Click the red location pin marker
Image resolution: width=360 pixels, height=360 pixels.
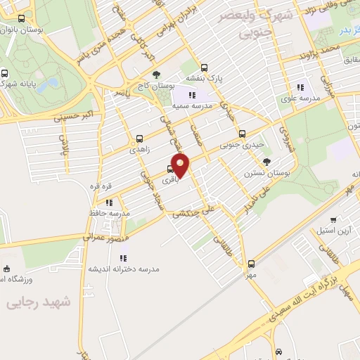pos(181,165)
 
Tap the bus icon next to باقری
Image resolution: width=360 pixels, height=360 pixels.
pos(169,169)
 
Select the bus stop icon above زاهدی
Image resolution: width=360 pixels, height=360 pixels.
pos(139,139)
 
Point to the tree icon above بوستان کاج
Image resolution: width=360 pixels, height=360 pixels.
pos(156,74)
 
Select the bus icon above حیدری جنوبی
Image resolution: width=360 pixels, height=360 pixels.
pos(242,134)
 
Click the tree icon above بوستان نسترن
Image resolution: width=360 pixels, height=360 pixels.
pos(266,162)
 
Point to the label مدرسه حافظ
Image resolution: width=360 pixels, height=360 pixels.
pos(110,212)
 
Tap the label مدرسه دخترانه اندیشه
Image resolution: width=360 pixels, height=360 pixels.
pos(124,269)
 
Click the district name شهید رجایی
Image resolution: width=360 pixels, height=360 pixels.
pos(39,302)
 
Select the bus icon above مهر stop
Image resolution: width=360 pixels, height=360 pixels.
pos(251,264)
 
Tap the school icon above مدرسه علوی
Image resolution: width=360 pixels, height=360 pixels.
pos(300,87)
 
